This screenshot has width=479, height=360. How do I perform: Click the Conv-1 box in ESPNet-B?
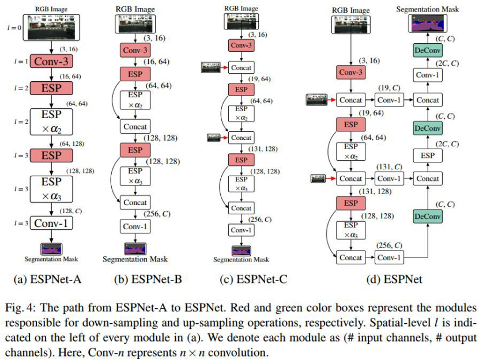click(x=134, y=226)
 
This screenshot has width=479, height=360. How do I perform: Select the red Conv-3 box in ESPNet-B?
click(x=134, y=51)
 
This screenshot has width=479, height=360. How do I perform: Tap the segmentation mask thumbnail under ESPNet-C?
click(x=238, y=251)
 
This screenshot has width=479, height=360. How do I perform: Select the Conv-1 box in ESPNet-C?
click(x=238, y=230)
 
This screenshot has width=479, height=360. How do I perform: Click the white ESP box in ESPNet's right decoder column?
click(x=427, y=156)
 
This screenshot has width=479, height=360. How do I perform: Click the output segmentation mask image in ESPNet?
click(x=427, y=24)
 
